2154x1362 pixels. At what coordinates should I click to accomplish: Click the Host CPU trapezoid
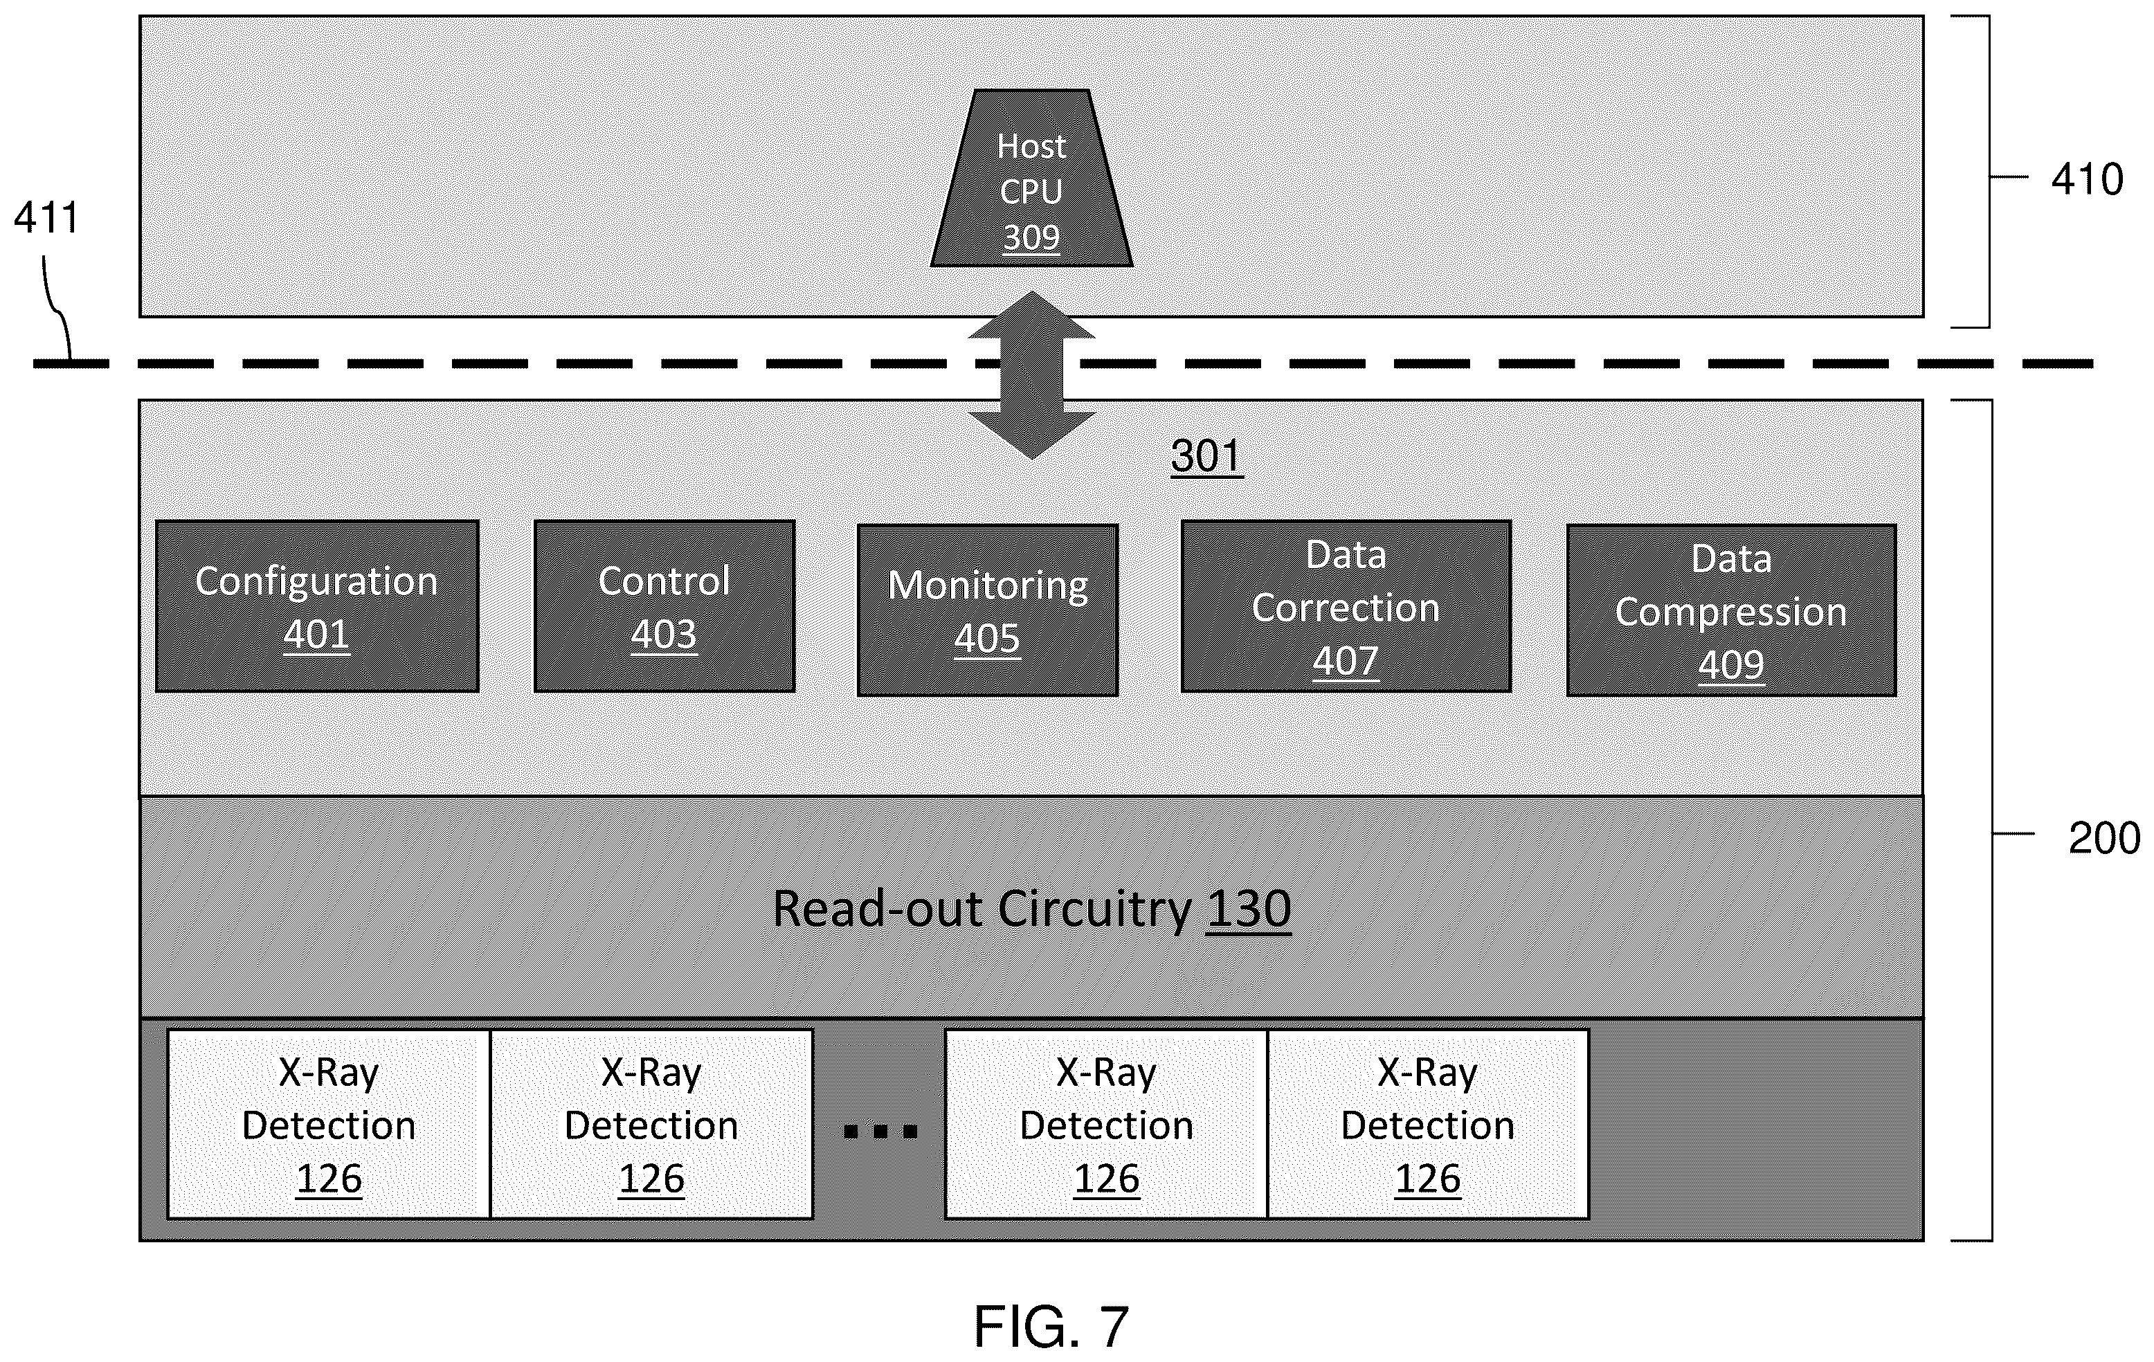[x=1031, y=178]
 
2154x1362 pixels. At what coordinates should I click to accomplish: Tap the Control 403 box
[x=664, y=606]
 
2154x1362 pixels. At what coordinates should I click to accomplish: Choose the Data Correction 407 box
[x=1346, y=606]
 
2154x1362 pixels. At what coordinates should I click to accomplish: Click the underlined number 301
[x=1206, y=456]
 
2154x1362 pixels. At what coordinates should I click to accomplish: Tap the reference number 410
[x=2087, y=180]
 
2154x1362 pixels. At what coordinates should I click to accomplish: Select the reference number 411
[x=46, y=217]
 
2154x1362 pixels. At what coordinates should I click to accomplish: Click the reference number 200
[x=2104, y=839]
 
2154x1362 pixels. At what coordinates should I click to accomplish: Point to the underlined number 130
[x=1249, y=909]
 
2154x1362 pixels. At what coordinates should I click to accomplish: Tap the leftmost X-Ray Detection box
[x=329, y=1124]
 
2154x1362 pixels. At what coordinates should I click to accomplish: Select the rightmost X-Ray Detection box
[x=1428, y=1124]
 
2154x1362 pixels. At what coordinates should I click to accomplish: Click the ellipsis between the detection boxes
[x=880, y=1132]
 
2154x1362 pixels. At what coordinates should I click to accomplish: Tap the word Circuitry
[x=1094, y=910]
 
